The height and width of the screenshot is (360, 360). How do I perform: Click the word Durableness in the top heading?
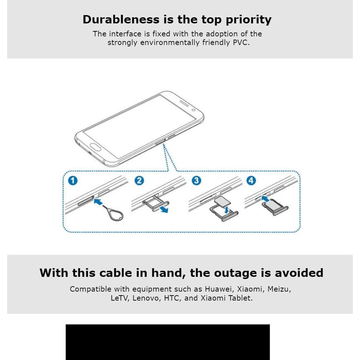tap(121, 19)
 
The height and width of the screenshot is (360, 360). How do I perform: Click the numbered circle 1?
tap(73, 180)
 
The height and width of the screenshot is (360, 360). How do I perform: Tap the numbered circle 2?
tap(139, 180)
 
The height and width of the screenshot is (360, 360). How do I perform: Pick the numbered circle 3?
tap(196, 180)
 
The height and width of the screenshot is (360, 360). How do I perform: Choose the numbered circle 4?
tap(251, 180)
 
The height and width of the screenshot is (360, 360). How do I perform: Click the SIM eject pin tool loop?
tap(116, 216)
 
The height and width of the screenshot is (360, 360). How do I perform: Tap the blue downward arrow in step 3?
tap(227, 210)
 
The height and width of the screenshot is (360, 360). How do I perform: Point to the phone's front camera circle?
tap(193, 110)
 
